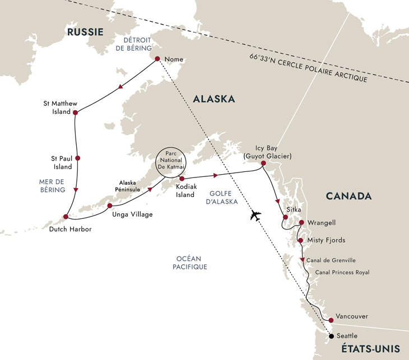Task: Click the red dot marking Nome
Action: (x=157, y=59)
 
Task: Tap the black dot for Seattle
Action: (x=331, y=336)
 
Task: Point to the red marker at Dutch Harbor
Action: (x=66, y=217)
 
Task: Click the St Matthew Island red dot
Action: (x=75, y=112)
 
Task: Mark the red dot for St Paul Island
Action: (x=77, y=158)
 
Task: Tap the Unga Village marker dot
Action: (x=110, y=205)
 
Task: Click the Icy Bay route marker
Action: (x=263, y=163)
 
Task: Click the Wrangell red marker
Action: (x=301, y=222)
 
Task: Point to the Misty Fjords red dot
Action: (x=301, y=241)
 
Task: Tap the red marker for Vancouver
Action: (x=331, y=320)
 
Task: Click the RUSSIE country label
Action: (x=85, y=32)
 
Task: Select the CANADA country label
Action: (x=350, y=196)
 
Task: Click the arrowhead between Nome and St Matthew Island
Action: (x=119, y=87)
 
